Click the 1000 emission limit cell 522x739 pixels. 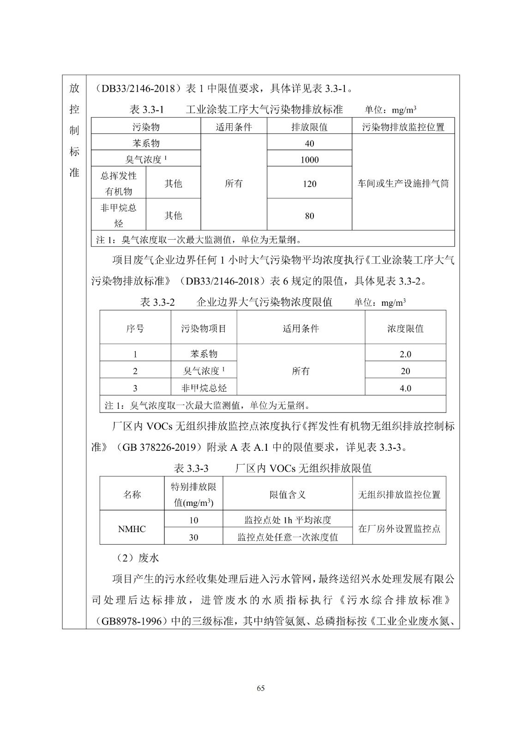pyautogui.click(x=309, y=160)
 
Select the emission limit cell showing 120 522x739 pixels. pyautogui.click(x=309, y=184)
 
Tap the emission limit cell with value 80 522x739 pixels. pyautogui.click(x=309, y=216)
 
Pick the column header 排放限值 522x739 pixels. pyautogui.click(x=309, y=127)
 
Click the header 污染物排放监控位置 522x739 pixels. pyautogui.click(x=403, y=127)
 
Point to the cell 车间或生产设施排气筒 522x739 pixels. pyautogui.click(x=403, y=183)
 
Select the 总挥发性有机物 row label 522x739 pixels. pyautogui.click(x=119, y=184)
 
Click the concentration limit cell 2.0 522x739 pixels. pyautogui.click(x=405, y=354)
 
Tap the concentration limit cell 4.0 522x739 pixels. pyautogui.click(x=405, y=388)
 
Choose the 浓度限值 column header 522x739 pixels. pyautogui.click(x=405, y=328)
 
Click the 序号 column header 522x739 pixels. pyautogui.click(x=135, y=328)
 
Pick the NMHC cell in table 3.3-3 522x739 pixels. pyautogui.click(x=132, y=529)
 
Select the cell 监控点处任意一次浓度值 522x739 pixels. pyautogui.click(x=288, y=537)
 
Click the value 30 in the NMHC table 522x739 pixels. pyautogui.click(x=193, y=537)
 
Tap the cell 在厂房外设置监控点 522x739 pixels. pyautogui.click(x=399, y=529)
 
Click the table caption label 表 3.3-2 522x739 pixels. pyautogui.click(x=157, y=303)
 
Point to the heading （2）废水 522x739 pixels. pyautogui.click(x=138, y=558)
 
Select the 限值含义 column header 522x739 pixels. pyautogui.click(x=288, y=495)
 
